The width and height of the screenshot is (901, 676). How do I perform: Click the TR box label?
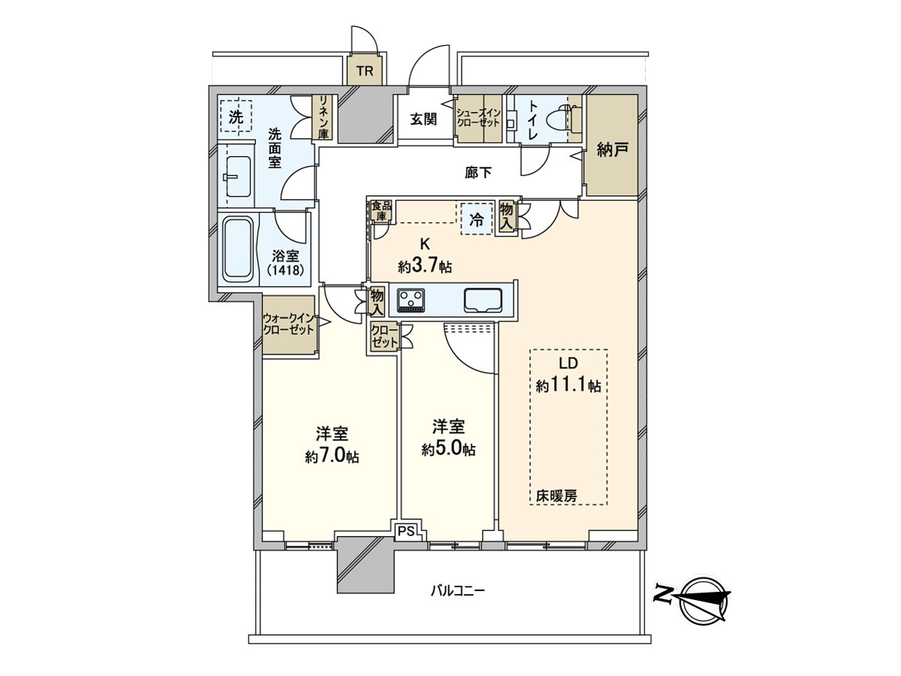point(365,72)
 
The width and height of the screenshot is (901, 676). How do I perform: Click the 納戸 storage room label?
point(612,149)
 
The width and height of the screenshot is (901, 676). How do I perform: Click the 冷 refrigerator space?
point(476,220)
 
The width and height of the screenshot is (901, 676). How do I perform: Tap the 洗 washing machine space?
point(236,117)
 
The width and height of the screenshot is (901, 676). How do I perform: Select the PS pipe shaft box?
point(406,530)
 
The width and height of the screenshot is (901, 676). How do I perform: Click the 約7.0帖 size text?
point(331,457)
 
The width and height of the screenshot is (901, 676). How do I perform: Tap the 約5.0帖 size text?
point(448,449)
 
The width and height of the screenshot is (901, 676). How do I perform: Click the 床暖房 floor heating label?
point(556,496)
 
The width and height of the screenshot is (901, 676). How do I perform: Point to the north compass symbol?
point(702,599)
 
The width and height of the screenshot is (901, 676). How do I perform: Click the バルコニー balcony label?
point(457,591)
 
